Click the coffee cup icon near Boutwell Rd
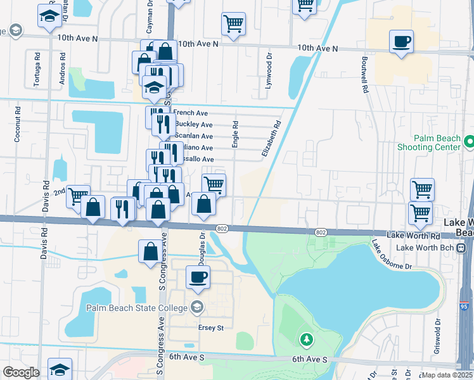tap(401, 42)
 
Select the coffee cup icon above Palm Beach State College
tap(198, 277)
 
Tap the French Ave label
tap(190, 113)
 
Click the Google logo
tap(21, 372)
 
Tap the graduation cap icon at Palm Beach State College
tap(196, 308)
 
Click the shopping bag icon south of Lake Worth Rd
tap(151, 251)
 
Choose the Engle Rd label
tap(235, 135)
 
